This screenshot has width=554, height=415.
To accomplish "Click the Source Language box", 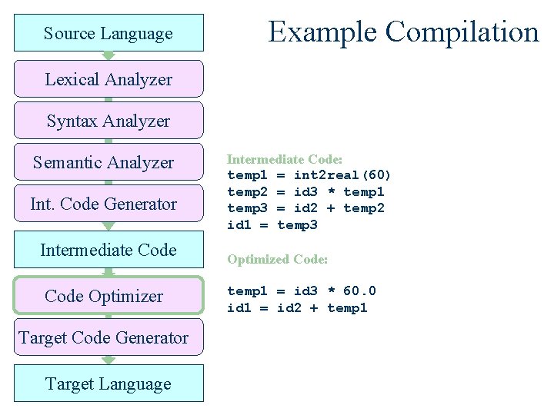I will click(x=108, y=33).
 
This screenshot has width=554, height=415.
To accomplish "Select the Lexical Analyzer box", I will click(x=108, y=79).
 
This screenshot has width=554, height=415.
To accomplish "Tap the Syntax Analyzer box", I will click(x=108, y=121).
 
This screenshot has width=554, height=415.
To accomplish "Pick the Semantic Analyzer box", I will click(x=108, y=162).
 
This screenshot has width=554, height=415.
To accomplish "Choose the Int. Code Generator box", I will click(x=108, y=204).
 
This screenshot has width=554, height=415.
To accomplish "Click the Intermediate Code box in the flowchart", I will click(x=108, y=250).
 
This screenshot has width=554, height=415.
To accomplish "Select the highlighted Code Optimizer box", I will click(x=108, y=296).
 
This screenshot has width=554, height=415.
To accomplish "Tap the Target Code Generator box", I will click(x=108, y=337).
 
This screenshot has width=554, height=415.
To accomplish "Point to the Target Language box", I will click(x=108, y=383).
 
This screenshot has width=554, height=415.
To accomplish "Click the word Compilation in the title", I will click(x=462, y=32).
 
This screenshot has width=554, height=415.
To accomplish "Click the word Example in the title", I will click(x=323, y=32).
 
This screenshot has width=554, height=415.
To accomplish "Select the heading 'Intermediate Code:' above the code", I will click(x=284, y=159).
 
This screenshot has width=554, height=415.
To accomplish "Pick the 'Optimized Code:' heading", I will click(x=277, y=260).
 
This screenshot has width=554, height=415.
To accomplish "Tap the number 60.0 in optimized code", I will click(x=360, y=290).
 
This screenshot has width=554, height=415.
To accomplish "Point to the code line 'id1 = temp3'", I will click(x=272, y=224).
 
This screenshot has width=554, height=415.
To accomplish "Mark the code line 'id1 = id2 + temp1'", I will click(x=297, y=307).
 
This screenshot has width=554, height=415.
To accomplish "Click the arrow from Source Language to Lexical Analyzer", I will click(x=108, y=55).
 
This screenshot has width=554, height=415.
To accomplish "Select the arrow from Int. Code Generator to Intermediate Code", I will click(x=108, y=226).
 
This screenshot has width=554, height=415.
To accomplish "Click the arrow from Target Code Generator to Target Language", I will click(x=108, y=360).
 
